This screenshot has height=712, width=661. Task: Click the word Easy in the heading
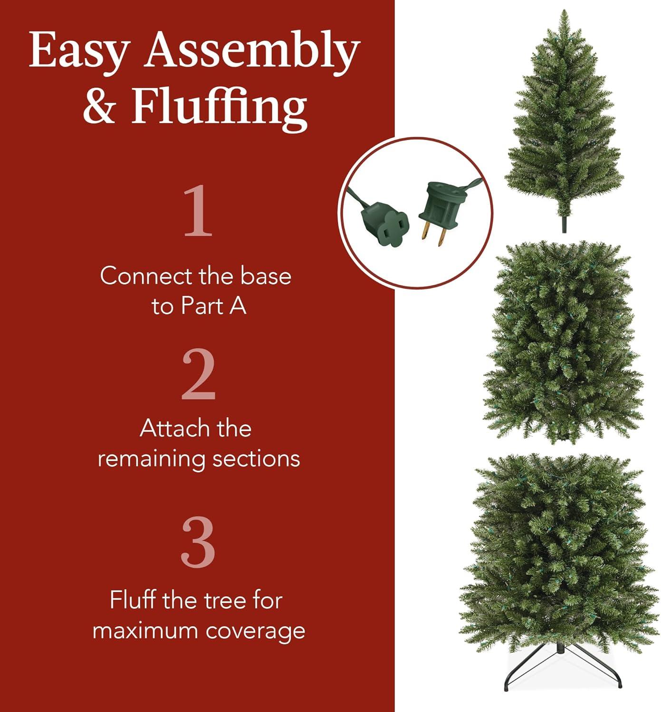coord(79,51)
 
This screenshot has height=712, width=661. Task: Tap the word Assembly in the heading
coord(252,51)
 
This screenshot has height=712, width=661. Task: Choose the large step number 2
coord(198,375)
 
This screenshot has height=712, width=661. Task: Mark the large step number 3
coord(198,542)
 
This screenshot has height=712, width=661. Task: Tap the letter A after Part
coord(238,306)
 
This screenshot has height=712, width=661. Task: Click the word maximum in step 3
coord(145,631)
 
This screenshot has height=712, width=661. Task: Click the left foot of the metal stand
coord(507,687)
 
